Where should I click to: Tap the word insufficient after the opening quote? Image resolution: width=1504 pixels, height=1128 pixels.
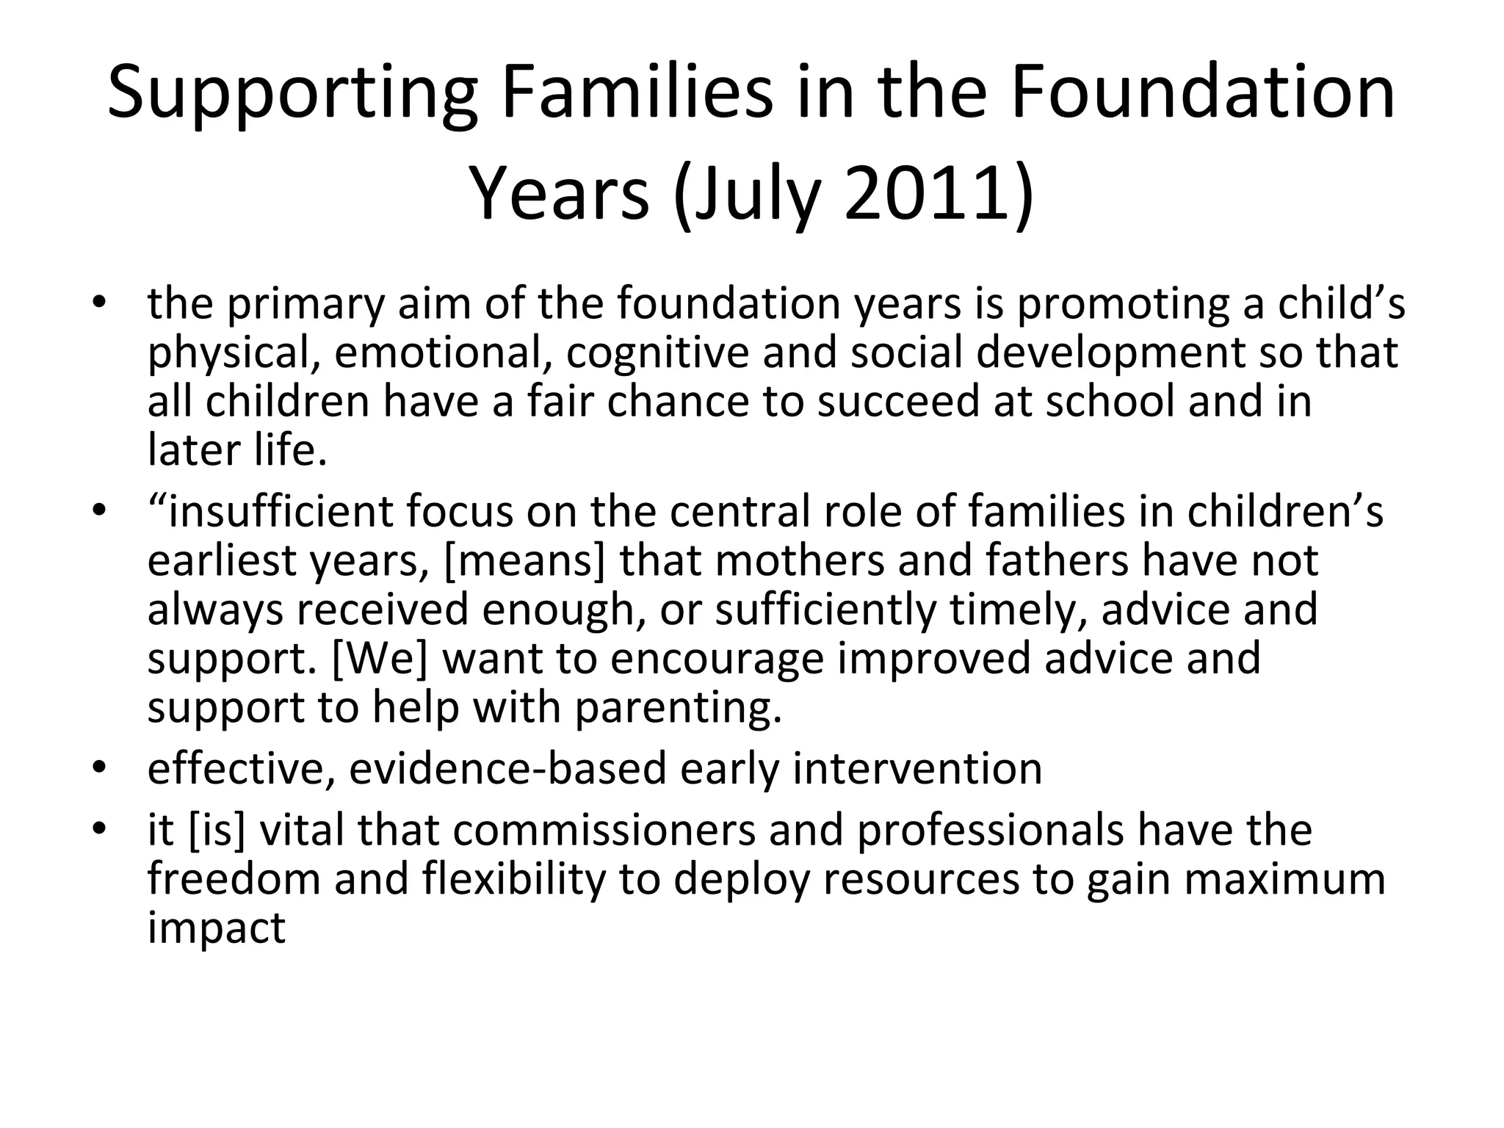(281, 511)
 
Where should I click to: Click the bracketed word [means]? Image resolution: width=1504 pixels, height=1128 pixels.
(524, 561)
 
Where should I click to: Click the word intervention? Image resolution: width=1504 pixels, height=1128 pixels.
(917, 769)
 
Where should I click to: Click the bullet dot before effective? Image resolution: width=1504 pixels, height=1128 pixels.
(100, 769)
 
